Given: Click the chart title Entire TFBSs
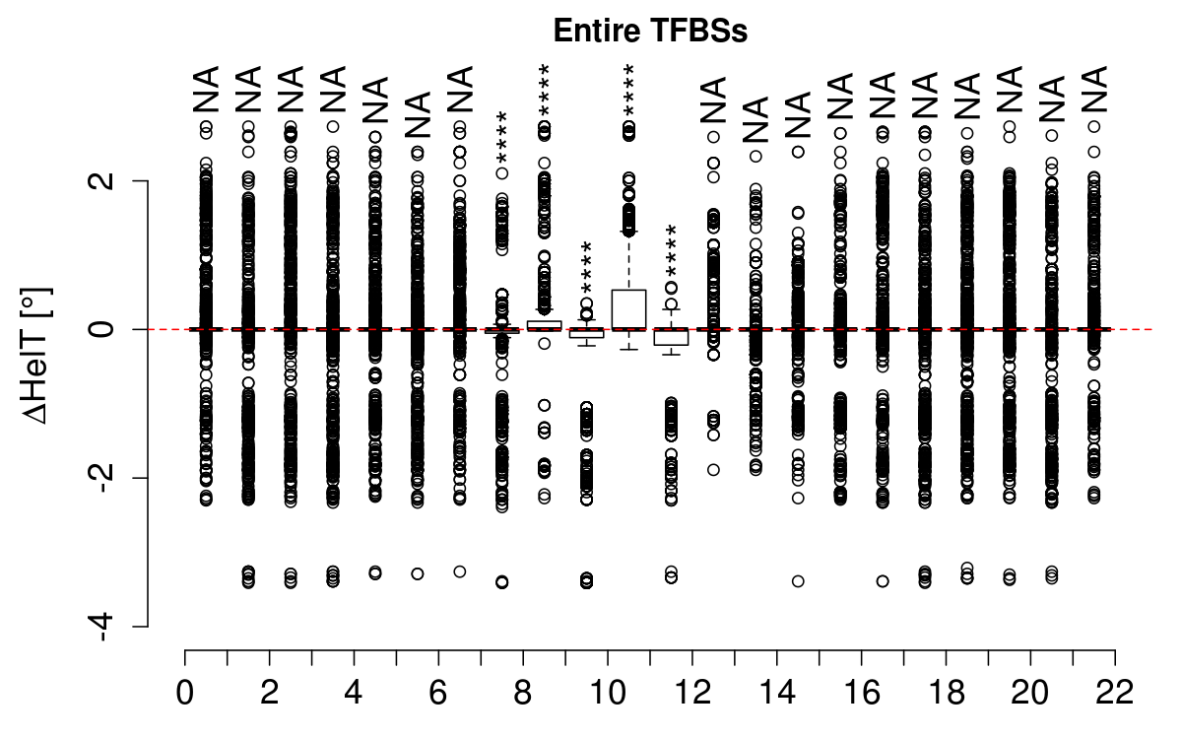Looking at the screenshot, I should click(651, 32).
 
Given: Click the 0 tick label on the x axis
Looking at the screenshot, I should click(185, 691).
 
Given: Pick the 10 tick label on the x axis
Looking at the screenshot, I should click(608, 691).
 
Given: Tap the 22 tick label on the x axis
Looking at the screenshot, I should click(1114, 691).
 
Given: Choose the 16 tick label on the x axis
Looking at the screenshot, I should click(861, 691).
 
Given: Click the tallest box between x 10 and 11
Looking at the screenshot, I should click(628, 309).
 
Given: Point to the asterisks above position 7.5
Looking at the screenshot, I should click(501, 141).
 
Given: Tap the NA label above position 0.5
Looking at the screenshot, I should click(206, 91).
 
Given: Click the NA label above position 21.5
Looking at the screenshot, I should click(1093, 91).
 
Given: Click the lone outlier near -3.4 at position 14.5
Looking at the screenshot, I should click(798, 581).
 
